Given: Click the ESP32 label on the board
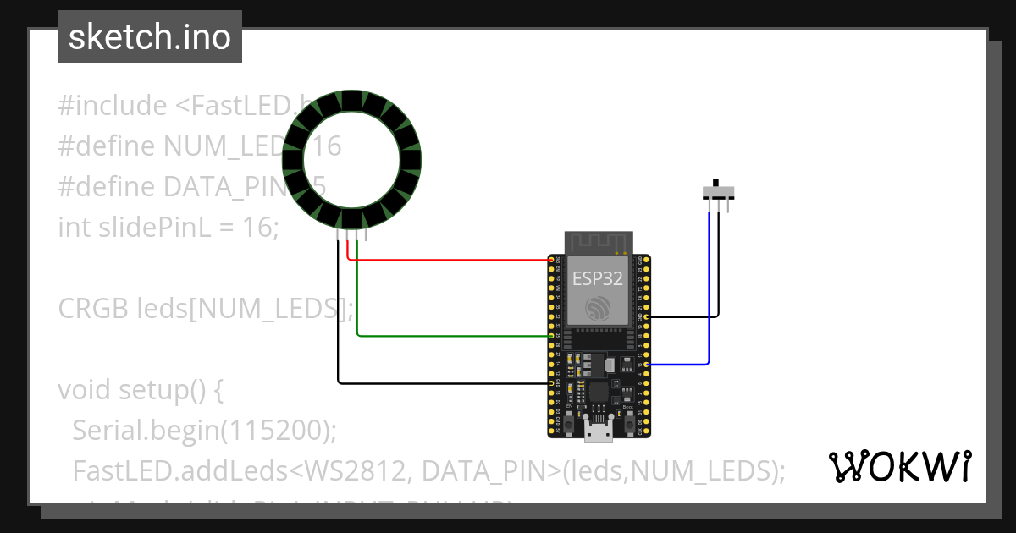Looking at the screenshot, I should (x=599, y=277).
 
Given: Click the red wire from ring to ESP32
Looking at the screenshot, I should (x=449, y=258).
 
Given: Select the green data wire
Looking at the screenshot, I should (x=449, y=336).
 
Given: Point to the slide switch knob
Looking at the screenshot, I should (x=716, y=184).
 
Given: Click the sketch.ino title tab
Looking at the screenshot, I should (x=150, y=37).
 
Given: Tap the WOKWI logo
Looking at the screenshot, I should (x=899, y=465).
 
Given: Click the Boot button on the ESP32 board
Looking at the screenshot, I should (x=628, y=418).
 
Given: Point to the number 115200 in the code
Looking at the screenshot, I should (x=273, y=431).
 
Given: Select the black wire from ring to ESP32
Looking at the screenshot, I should (x=440, y=382).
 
